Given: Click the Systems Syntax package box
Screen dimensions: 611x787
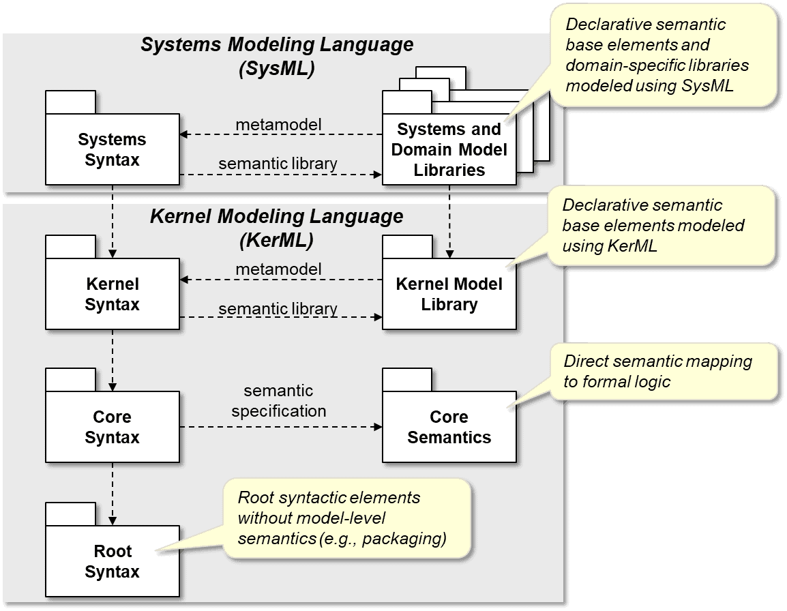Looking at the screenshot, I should click(112, 149).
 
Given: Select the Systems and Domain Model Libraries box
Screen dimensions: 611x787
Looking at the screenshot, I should click(449, 149).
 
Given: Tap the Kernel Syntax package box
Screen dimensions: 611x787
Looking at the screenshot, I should click(112, 294).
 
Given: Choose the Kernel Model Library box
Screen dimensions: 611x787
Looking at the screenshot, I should click(449, 294).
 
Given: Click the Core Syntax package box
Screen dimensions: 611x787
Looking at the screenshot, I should click(112, 427).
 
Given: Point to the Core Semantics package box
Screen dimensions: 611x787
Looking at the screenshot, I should click(449, 427).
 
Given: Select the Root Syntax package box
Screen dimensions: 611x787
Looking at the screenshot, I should click(112, 561).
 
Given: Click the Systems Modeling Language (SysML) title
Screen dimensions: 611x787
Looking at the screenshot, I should click(276, 57).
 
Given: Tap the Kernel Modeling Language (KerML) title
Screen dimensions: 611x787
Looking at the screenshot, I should click(276, 228).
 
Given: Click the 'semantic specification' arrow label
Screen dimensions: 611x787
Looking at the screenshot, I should click(278, 401).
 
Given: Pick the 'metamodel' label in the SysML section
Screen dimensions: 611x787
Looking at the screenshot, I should click(278, 125).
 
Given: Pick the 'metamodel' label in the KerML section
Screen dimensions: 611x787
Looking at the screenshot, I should click(278, 269).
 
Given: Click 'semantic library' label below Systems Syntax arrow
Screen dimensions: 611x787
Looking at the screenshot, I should click(278, 164).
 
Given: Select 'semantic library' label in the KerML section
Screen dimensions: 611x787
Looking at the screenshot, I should click(278, 309).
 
